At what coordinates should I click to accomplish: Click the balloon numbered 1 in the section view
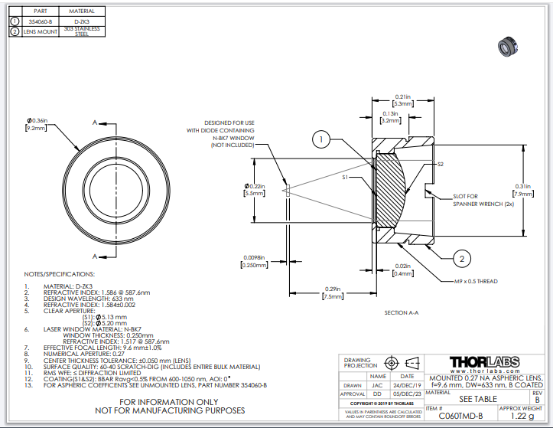[323, 139]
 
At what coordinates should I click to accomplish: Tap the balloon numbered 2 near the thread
[463, 259]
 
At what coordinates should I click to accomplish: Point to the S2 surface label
[440, 164]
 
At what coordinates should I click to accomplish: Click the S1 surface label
[346, 178]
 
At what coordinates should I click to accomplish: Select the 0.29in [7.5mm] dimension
[331, 292]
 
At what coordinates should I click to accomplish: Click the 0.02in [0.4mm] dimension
[403, 270]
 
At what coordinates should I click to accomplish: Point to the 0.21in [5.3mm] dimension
[402, 100]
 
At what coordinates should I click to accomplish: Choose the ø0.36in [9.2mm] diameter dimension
[37, 126]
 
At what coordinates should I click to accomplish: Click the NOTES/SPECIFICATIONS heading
[60, 273]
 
